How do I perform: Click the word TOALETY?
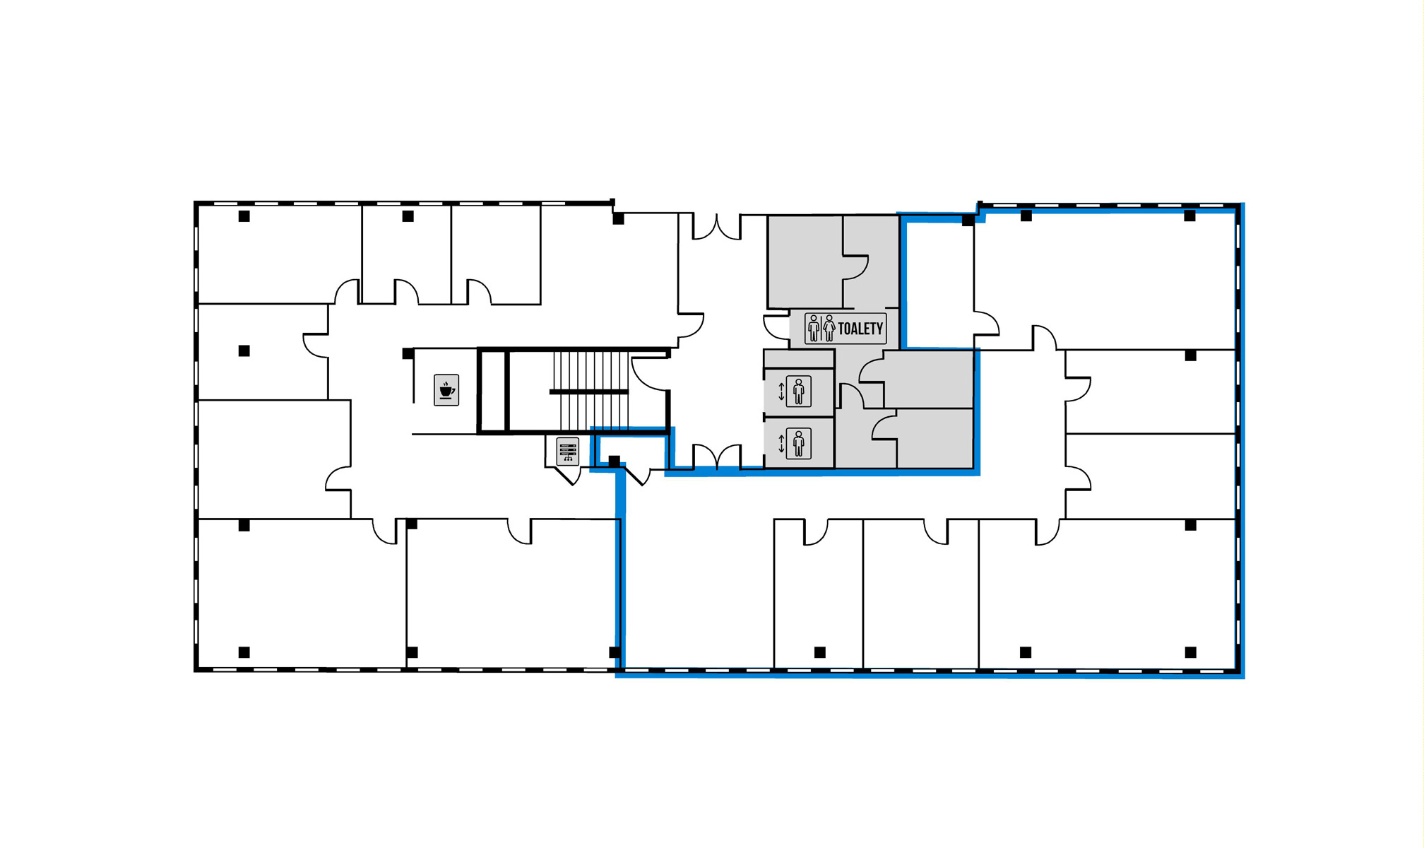[x=860, y=329]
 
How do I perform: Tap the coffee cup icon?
[x=446, y=390]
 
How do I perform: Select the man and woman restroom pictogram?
[x=821, y=329]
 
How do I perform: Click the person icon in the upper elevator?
[x=799, y=391]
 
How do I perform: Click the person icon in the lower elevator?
[x=799, y=444]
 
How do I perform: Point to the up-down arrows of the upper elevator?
[x=781, y=391]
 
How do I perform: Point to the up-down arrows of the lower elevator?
[x=781, y=444]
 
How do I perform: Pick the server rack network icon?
[x=568, y=452]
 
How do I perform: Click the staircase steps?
[x=590, y=390]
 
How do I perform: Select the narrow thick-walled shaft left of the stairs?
[x=493, y=390]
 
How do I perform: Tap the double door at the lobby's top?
[x=717, y=227]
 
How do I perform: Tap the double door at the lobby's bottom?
[x=717, y=457]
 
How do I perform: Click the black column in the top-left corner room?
[x=244, y=216]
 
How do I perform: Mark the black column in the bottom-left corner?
[x=244, y=652]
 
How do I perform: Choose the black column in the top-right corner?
[x=1190, y=216]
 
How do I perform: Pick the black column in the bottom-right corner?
[x=1191, y=652]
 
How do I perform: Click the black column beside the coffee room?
[x=408, y=353]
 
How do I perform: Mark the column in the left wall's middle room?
[x=244, y=351]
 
